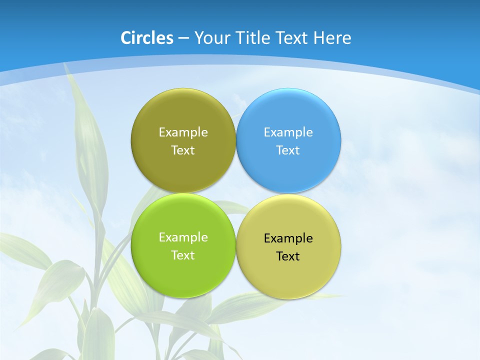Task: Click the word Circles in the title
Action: [147, 38]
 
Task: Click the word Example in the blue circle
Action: [288, 132]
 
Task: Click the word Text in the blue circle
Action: [288, 150]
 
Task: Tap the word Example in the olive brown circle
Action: [183, 132]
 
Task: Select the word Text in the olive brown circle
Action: [183, 150]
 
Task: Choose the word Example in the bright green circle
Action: [183, 237]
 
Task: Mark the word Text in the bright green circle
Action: [183, 255]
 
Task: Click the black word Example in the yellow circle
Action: [288, 238]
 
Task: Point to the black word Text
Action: [288, 256]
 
